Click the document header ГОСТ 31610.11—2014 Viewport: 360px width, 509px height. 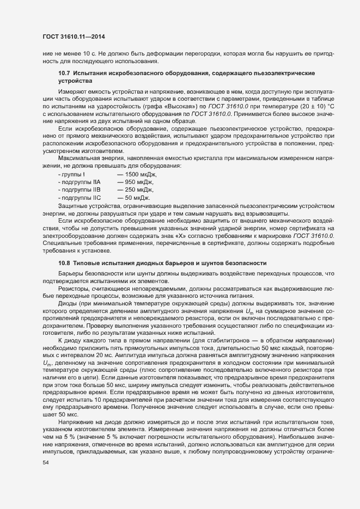click(74, 36)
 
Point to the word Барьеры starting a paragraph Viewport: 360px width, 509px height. click(71, 273)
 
